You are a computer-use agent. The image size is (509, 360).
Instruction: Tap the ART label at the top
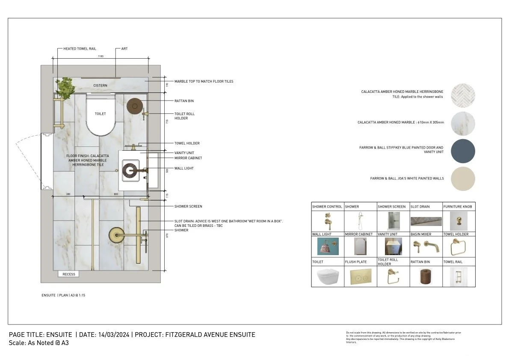click(124, 49)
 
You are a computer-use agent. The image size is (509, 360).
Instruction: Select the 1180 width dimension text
click(101, 56)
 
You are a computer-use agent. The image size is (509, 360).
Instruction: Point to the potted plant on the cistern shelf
click(65, 87)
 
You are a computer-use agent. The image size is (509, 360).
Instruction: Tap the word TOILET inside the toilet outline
click(100, 114)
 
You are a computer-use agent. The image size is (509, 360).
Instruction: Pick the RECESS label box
click(68, 274)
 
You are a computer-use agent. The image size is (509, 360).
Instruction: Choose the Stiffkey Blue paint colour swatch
click(462, 151)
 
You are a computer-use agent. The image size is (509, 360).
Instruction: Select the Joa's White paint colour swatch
click(462, 179)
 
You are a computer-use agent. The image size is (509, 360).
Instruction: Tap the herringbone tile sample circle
click(462, 96)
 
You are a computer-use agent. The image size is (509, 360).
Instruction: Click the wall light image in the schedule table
click(327, 247)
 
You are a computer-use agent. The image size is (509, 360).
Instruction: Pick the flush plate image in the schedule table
click(361, 277)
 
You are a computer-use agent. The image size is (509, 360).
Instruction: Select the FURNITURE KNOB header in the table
click(458, 207)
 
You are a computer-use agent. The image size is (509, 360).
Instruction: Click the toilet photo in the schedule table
click(327, 277)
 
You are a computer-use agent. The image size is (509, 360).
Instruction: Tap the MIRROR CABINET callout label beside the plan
click(188, 158)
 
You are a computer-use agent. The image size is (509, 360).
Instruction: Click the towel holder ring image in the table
click(459, 247)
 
